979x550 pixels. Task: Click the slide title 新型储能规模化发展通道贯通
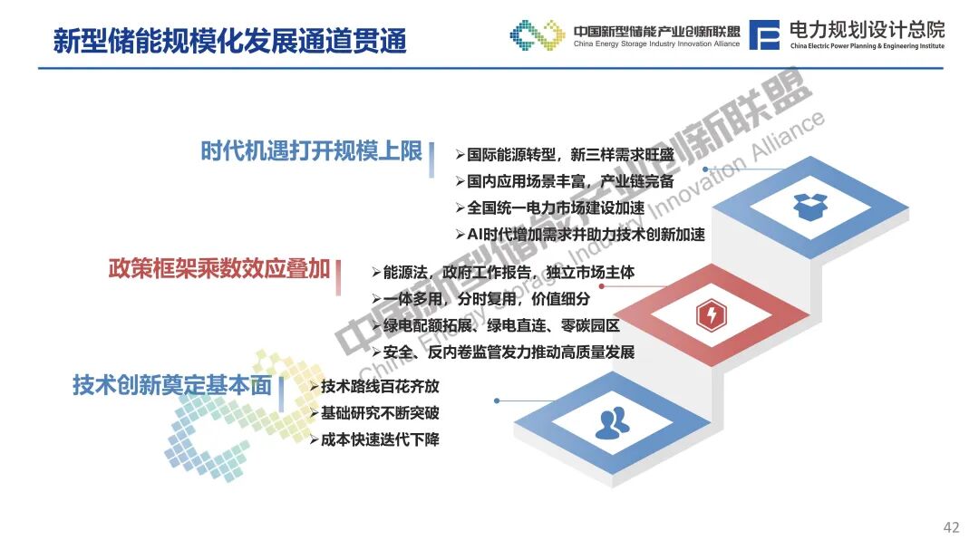(229, 41)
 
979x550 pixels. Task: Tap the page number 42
(951, 527)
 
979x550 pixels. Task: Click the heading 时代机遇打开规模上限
(312, 151)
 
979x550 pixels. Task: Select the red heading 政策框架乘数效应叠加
(219, 268)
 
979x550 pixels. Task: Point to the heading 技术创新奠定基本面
(172, 385)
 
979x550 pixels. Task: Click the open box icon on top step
(809, 207)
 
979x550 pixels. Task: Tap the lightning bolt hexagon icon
(712, 314)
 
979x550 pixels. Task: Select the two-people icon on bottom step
(612, 422)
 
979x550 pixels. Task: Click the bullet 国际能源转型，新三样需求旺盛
(565, 155)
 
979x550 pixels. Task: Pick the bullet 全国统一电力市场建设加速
(550, 207)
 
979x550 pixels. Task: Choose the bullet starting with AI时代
(581, 235)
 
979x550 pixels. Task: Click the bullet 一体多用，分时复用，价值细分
(480, 299)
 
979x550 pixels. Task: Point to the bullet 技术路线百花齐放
(374, 386)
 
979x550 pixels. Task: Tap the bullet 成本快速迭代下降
(374, 440)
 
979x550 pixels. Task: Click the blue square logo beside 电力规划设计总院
(764, 35)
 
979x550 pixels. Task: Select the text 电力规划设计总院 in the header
(868, 29)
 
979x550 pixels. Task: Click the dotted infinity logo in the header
(538, 35)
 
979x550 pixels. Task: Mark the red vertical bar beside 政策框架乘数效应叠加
(338, 277)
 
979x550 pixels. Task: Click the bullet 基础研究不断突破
(374, 413)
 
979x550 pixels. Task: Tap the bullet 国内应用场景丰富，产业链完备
(565, 181)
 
